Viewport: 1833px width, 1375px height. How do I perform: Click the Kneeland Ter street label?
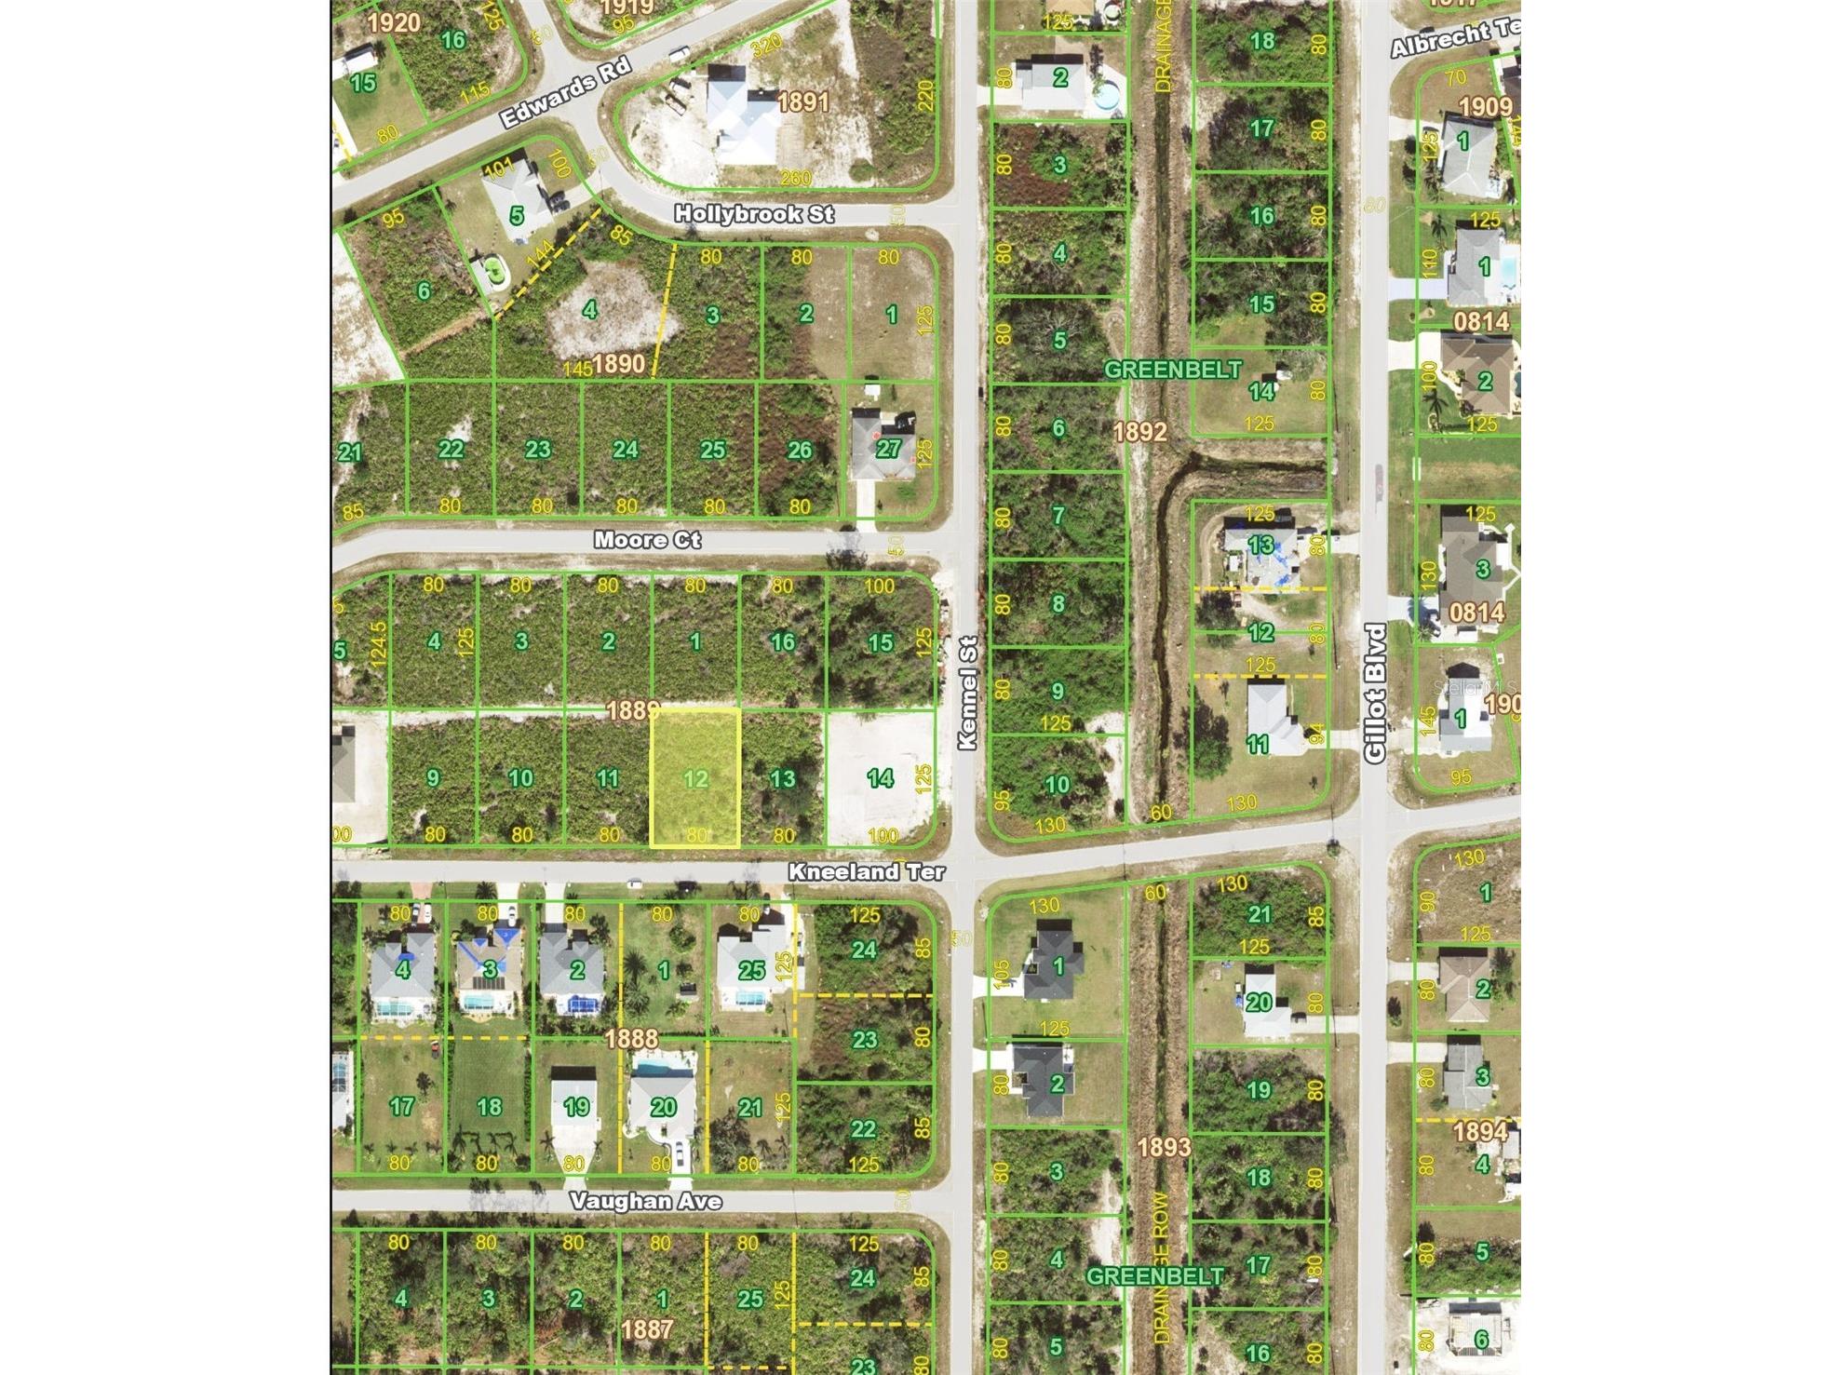pyautogui.click(x=867, y=872)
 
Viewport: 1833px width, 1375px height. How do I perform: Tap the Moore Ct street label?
pyautogui.click(x=648, y=541)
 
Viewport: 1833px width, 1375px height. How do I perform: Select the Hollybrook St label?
pyautogui.click(x=754, y=214)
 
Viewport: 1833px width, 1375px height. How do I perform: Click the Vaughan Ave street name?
pyautogui.click(x=645, y=1202)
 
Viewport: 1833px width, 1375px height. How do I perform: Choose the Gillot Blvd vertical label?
pyautogui.click(x=1376, y=694)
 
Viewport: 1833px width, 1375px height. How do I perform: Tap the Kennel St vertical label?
pyautogui.click(x=968, y=693)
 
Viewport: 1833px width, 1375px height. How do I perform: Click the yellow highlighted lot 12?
pyautogui.click(x=694, y=778)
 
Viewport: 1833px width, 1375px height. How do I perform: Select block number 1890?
pyautogui.click(x=618, y=363)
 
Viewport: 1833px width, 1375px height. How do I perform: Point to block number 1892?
pyautogui.click(x=1139, y=431)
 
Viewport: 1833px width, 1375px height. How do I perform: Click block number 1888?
pyautogui.click(x=631, y=1038)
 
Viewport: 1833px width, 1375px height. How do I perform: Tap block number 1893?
pyautogui.click(x=1164, y=1147)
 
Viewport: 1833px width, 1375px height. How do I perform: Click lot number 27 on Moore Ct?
pyautogui.click(x=888, y=449)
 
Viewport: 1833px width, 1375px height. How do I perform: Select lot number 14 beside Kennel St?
pyautogui.click(x=880, y=777)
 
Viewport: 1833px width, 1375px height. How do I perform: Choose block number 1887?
pyautogui.click(x=646, y=1328)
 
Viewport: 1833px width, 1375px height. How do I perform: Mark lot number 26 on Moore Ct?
pyautogui.click(x=800, y=451)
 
